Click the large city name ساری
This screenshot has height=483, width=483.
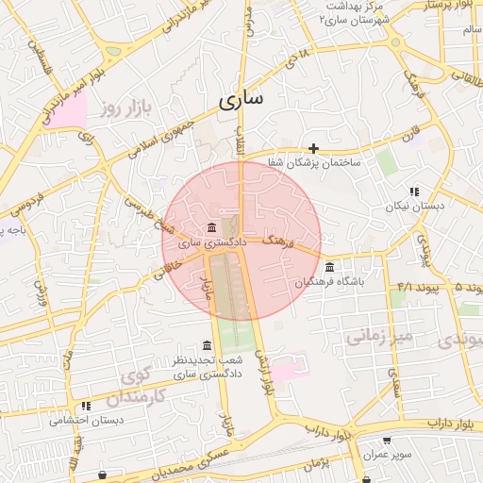click(241, 100)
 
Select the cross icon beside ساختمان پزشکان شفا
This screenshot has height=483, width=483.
click(314, 148)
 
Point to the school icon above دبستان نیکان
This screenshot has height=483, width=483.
click(414, 192)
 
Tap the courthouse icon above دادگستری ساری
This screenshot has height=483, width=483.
click(209, 228)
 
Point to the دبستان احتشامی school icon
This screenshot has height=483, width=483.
click(86, 406)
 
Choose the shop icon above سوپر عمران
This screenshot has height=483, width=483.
click(387, 441)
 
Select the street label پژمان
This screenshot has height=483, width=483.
click(315, 462)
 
